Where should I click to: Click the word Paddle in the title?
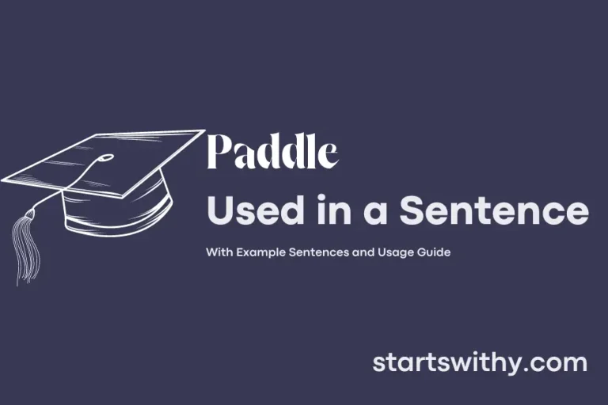[272, 153]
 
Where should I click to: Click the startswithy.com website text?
[480, 363]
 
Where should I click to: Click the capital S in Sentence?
[413, 211]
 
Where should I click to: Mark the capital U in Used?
[219, 211]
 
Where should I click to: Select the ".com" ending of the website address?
[560, 363]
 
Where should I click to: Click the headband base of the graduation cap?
[119, 210]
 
